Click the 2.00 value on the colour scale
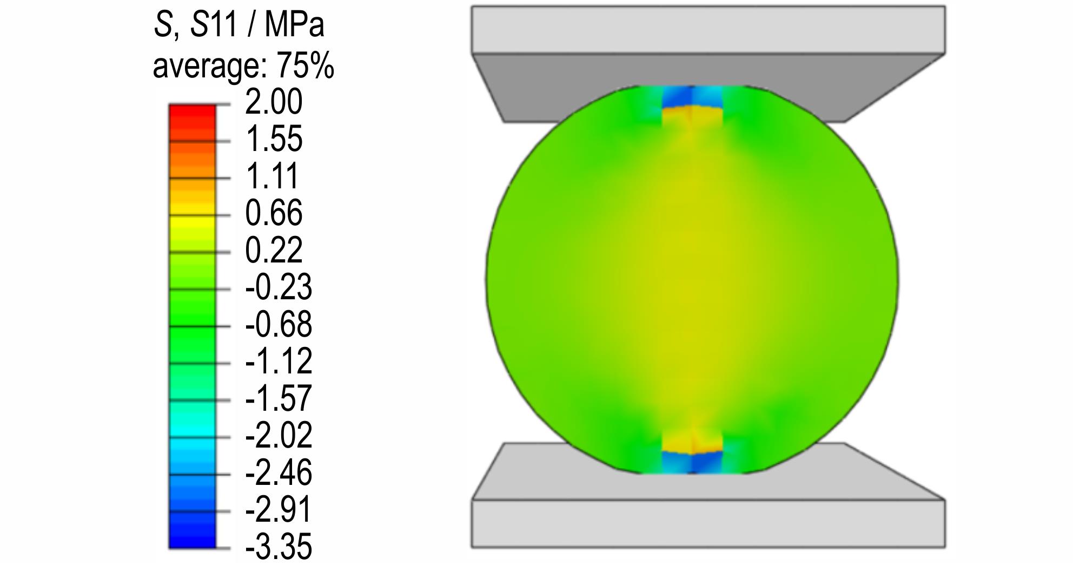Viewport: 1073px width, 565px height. [x=274, y=102]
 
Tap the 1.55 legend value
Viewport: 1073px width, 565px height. [x=274, y=139]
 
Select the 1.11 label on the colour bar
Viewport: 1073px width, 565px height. [x=273, y=176]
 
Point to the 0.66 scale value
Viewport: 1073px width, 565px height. [x=274, y=213]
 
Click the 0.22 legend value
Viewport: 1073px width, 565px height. [x=274, y=250]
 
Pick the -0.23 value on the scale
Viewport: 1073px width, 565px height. [x=279, y=287]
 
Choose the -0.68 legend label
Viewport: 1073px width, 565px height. [x=279, y=324]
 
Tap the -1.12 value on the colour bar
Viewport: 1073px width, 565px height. [x=279, y=361]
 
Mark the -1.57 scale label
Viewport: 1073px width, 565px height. [x=279, y=398]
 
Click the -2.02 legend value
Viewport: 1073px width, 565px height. [x=279, y=435]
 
